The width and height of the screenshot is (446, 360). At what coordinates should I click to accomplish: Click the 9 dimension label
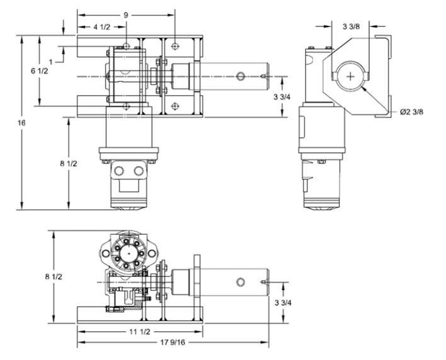click(x=126, y=14)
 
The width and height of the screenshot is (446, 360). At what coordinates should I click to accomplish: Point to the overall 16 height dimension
click(x=14, y=123)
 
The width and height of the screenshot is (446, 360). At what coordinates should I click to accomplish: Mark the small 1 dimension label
click(x=51, y=60)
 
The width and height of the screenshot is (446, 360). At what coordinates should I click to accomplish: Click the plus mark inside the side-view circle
click(x=351, y=76)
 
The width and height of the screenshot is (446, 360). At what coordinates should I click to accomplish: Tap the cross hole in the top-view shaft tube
click(x=239, y=76)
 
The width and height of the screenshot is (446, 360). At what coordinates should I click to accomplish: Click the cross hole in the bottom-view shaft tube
click(x=239, y=281)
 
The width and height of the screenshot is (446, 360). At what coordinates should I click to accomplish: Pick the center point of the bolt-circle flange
click(x=130, y=252)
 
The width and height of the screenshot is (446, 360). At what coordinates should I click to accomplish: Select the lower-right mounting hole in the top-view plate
click(x=174, y=106)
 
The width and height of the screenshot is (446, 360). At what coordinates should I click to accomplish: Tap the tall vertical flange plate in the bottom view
click(x=198, y=280)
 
